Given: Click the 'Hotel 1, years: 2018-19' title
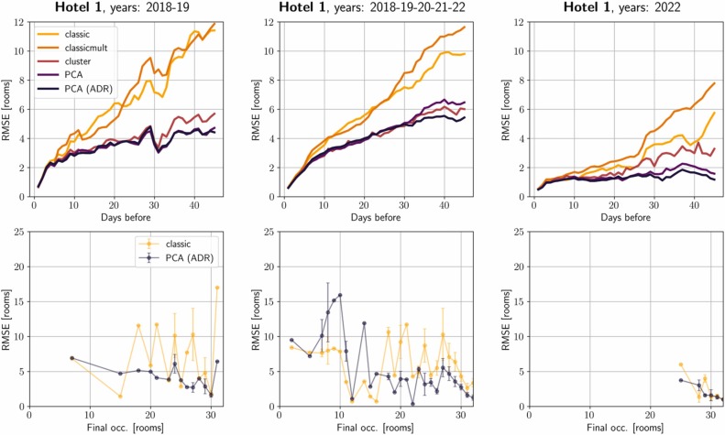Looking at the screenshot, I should [x=127, y=8].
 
